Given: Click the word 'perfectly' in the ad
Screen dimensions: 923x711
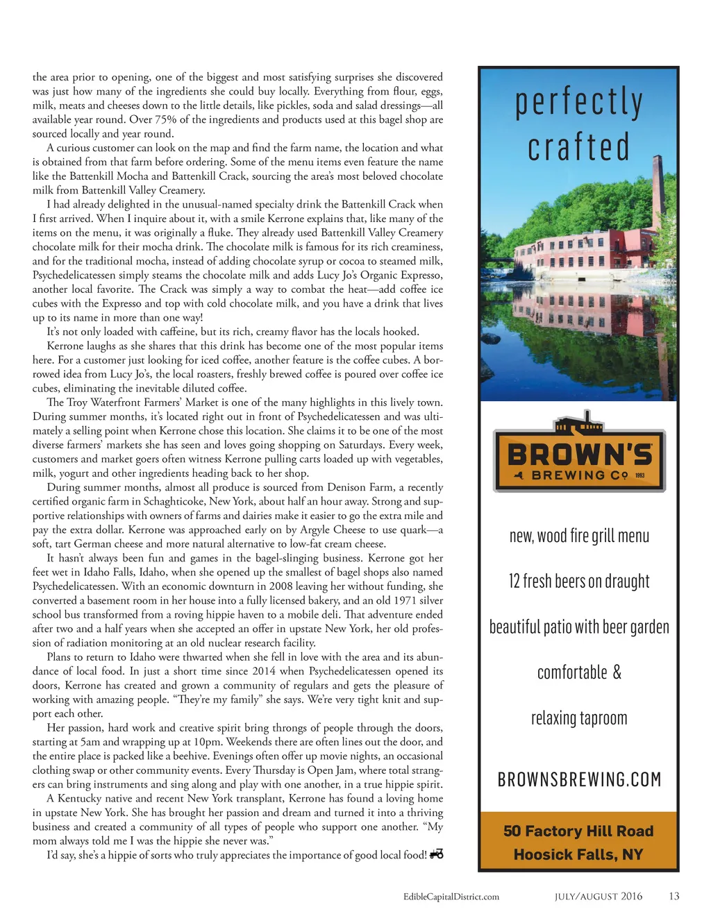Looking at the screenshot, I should [x=578, y=101].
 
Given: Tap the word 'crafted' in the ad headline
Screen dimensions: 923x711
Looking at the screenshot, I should [x=578, y=146].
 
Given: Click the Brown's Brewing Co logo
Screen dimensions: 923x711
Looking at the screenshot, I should [x=579, y=456].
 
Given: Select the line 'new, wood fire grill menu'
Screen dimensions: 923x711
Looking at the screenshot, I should [x=579, y=536].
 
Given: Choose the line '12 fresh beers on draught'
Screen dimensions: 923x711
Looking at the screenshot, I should [x=579, y=581].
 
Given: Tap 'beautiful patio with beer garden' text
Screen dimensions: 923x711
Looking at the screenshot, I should [x=579, y=627].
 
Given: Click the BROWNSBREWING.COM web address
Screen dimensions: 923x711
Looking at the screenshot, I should [x=579, y=779].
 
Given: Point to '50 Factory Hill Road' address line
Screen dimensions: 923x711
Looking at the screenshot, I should [x=578, y=831].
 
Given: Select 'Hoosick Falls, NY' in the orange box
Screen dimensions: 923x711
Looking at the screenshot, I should [x=578, y=854].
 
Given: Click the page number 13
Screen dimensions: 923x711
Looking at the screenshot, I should [x=674, y=896].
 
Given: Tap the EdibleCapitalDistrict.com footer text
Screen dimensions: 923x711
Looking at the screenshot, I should [x=451, y=897].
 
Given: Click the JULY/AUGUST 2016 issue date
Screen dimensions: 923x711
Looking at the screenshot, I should [x=598, y=897].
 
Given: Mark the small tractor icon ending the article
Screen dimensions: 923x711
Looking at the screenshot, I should [x=436, y=854].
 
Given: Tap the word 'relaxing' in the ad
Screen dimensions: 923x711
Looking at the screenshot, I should [x=555, y=718].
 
